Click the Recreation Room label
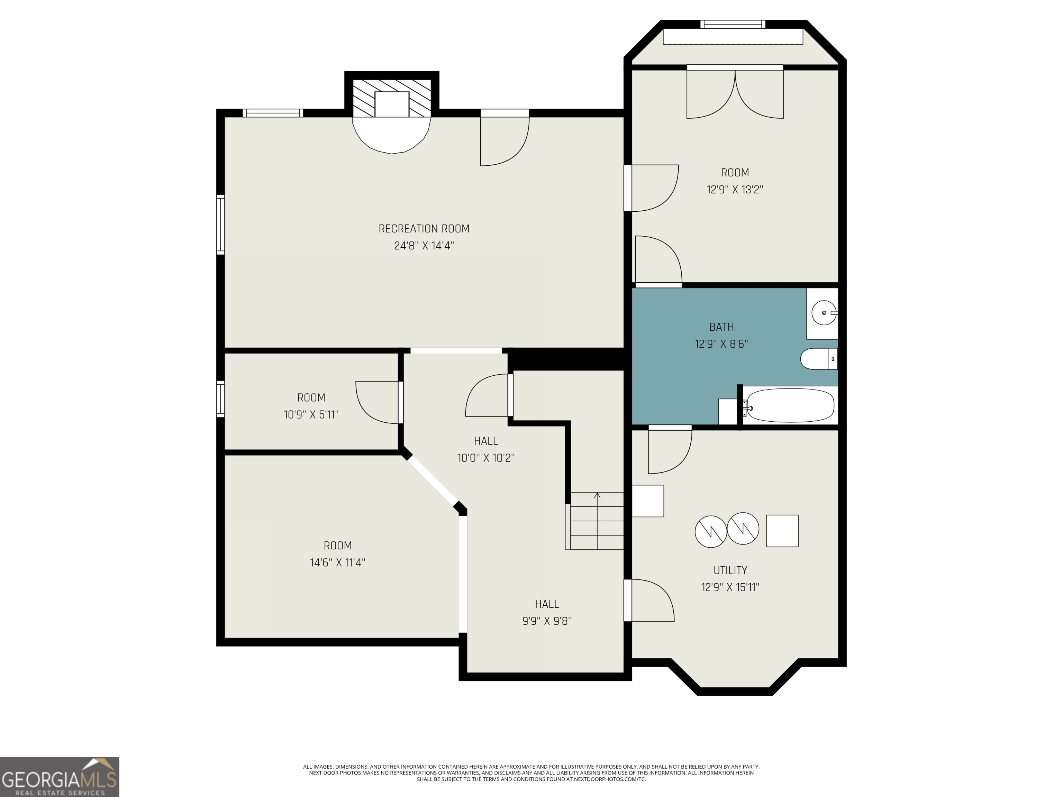tap(424, 229)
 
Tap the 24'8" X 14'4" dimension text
tap(424, 246)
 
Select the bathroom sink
tap(824, 313)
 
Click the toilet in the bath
tap(819, 359)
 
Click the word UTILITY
tap(730, 570)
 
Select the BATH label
tap(721, 327)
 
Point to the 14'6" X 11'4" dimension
tap(337, 562)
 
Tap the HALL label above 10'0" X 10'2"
tap(486, 441)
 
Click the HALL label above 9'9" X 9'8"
tap(547, 604)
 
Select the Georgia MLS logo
tap(59, 777)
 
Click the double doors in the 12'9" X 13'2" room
tap(735, 93)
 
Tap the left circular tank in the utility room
tap(711, 532)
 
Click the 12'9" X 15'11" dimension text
tap(730, 587)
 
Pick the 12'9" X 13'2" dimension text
tap(735, 190)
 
